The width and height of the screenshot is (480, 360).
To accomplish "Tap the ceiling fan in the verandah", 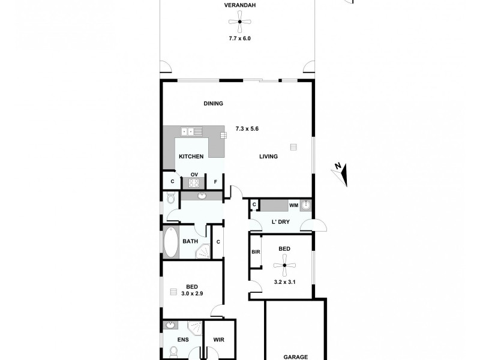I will tap(238, 23).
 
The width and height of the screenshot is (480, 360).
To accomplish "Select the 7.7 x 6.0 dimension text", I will tap(238, 38).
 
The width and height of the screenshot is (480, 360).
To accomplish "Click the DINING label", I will tap(213, 103).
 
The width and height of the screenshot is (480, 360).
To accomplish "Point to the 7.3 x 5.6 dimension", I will tap(247, 128).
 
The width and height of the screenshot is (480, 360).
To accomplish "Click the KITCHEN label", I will tap(191, 157).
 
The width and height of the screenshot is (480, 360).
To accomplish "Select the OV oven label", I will tap(194, 175).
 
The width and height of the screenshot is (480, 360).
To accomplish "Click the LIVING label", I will tap(268, 157).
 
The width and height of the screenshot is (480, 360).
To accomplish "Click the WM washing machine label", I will tap(294, 205).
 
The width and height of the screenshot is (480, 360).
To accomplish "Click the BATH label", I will tap(190, 242).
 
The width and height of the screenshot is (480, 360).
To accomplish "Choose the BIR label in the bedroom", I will tap(255, 253).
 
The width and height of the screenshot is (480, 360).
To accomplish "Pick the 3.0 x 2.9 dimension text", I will tap(192, 293).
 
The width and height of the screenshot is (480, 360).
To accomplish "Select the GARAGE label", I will tap(296, 356).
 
